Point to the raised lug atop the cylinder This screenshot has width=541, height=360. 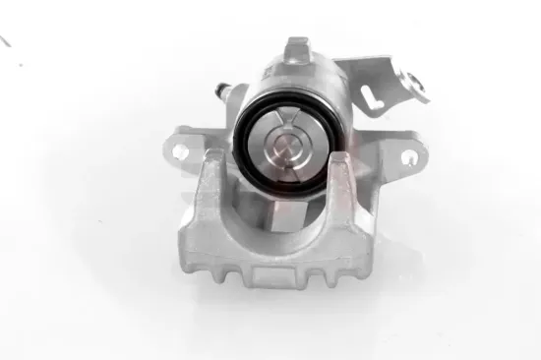(x=297, y=50)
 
